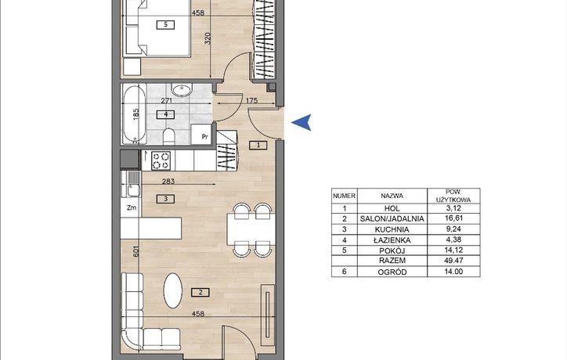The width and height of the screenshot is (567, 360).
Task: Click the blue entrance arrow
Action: (x=303, y=122)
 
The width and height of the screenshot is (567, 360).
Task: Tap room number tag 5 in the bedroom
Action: (x=165, y=24)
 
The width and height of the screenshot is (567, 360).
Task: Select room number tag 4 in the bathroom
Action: (x=165, y=114)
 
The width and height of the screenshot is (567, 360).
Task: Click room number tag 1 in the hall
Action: (x=258, y=146)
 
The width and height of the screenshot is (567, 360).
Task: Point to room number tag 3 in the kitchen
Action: (x=165, y=199)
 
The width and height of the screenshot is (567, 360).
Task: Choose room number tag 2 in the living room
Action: (x=200, y=293)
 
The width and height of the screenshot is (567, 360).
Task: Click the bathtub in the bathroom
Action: (x=134, y=114)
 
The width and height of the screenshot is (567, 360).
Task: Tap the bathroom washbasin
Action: (x=182, y=90)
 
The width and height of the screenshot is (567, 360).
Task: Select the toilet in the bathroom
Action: (x=169, y=136)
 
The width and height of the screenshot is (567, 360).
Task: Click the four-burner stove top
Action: (x=161, y=160)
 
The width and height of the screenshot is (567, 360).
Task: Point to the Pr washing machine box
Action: (x=201, y=135)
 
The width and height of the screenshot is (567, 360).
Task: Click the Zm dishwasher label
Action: (x=132, y=208)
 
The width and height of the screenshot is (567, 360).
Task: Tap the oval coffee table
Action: (x=173, y=290)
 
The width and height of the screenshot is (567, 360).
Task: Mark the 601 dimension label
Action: (x=135, y=251)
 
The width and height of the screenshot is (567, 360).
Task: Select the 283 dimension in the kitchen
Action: (x=168, y=181)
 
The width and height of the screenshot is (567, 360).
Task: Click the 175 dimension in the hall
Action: (x=251, y=100)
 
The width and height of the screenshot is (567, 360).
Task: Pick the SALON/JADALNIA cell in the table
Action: (x=392, y=218)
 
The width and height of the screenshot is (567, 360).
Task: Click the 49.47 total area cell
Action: (x=453, y=261)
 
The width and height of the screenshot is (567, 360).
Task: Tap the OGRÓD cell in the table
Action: (x=392, y=272)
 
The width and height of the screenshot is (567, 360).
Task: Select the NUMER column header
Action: (x=345, y=196)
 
